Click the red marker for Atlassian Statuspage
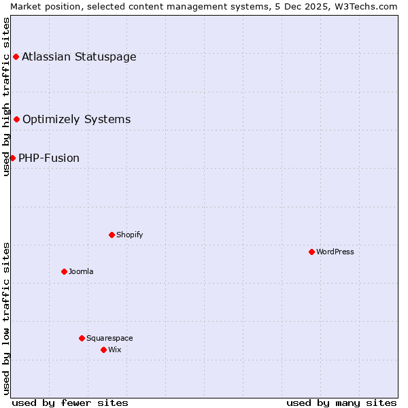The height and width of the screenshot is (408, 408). tap(16, 56)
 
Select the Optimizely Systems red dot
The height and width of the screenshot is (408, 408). tap(17, 120)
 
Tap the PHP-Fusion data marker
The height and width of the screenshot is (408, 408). tap(12, 158)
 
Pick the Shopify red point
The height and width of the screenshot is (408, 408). tap(112, 235)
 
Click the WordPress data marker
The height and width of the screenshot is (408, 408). tap(311, 252)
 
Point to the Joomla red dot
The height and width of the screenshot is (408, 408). tap(64, 271)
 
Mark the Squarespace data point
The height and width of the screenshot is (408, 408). tap(82, 338)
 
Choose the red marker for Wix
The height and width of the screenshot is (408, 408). tap(103, 350)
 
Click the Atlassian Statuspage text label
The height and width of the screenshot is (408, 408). tap(79, 56)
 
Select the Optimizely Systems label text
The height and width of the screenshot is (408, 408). tap(76, 120)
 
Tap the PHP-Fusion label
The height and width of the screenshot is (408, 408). tap(49, 158)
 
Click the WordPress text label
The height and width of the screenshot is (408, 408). tap(335, 252)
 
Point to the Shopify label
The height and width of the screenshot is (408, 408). tap(129, 235)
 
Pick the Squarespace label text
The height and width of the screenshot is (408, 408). tap(109, 338)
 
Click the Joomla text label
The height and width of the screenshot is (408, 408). tap(81, 271)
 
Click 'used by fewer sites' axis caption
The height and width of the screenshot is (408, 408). tap(70, 403)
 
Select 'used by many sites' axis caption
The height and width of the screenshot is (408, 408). tap(341, 403)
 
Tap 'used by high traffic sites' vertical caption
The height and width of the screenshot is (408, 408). tap(6, 97)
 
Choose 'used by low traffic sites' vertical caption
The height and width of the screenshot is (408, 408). tap(6, 318)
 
